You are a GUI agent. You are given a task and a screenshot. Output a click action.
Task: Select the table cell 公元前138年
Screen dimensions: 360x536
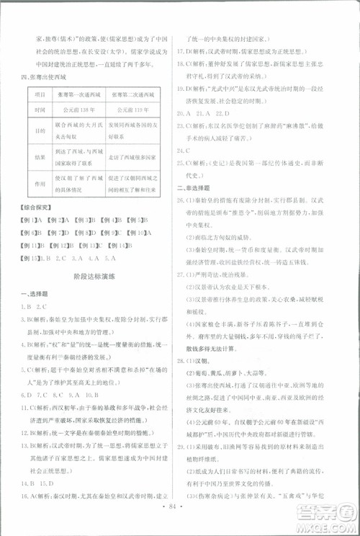pyautogui.click(x=79, y=110)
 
